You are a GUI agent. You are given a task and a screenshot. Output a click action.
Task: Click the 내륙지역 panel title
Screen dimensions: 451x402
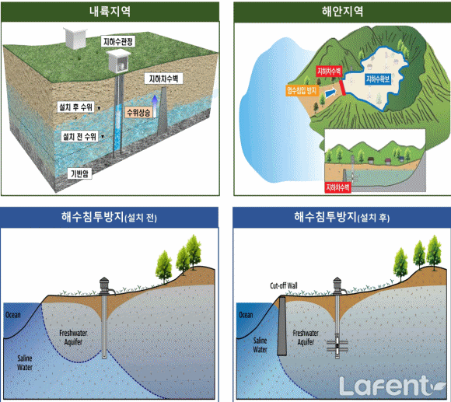[110, 12]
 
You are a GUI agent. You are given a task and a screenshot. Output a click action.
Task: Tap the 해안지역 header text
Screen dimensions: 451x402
[342, 12]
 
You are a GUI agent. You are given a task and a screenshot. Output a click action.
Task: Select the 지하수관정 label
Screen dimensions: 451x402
[118, 41]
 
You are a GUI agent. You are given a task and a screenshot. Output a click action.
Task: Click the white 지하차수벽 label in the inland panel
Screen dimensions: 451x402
[163, 79]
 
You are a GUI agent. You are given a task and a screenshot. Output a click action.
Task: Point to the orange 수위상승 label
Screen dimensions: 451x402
[138, 113]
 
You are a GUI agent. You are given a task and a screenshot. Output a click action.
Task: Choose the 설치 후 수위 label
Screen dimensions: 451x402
[75, 107]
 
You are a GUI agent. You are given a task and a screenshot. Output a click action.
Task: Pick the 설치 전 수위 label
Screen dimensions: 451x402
[79, 136]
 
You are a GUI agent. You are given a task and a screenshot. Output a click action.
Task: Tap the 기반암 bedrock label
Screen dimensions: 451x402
[79, 173]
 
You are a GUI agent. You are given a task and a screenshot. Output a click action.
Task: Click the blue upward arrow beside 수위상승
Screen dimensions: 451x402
[155, 106]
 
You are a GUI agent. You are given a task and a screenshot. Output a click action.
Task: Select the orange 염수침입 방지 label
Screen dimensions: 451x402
[302, 90]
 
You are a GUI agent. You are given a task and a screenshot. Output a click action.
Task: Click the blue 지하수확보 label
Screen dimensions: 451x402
[378, 79]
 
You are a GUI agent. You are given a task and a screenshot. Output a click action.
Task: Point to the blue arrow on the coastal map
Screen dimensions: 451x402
[330, 93]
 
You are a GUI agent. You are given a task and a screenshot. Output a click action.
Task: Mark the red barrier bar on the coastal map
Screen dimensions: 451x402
[342, 87]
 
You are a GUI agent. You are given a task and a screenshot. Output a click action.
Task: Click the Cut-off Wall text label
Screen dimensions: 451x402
[284, 285]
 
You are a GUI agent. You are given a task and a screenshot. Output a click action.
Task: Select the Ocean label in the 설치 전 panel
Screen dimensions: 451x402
[13, 315]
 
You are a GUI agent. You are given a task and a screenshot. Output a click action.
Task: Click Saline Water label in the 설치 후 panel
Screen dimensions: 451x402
[260, 345]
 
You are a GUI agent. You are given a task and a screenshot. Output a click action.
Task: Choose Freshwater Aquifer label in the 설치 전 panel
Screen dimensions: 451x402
[73, 337]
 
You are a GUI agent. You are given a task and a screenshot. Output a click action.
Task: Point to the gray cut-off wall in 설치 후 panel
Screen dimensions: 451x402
[281, 326]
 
